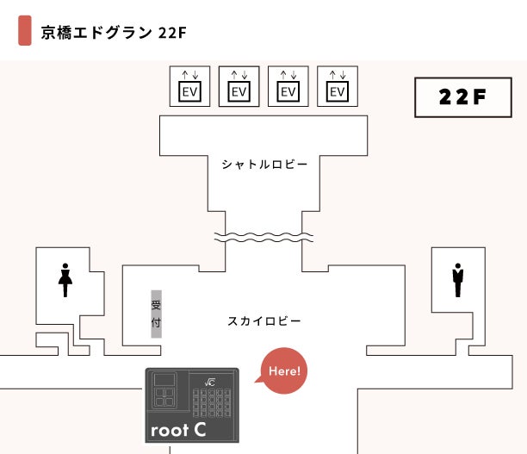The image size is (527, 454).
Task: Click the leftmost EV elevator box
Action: [190, 86]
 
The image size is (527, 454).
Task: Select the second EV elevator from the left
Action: [239, 86]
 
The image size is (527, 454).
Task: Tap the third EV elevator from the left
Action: [288, 86]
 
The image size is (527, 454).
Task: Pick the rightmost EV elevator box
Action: [338, 86]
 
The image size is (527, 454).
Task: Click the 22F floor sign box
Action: [462, 97]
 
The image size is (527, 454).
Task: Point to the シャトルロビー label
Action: [264, 164]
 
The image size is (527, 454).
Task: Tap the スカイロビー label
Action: [264, 321]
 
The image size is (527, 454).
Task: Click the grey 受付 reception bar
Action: [156, 313]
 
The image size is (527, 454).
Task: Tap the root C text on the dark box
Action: [177, 428]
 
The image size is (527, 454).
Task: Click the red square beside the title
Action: [25, 31]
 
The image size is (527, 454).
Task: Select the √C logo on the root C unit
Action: [208, 381]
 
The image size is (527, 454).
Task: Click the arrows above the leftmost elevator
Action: [190, 73]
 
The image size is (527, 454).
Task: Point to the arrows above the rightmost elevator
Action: [338, 73]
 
